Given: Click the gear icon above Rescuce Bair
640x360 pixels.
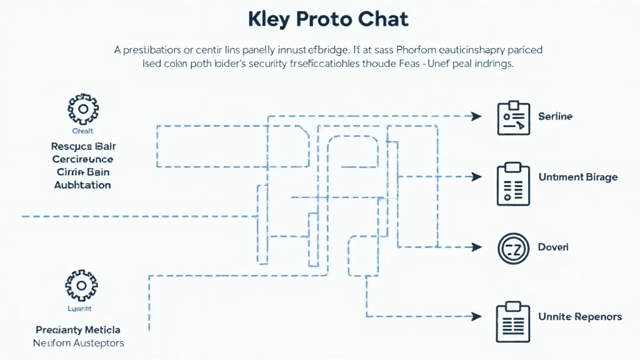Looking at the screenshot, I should point(82,111).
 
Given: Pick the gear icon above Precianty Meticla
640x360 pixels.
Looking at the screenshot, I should point(81,286).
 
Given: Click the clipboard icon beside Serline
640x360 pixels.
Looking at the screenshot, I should point(513,117).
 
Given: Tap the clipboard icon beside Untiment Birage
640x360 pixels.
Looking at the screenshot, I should point(513,184).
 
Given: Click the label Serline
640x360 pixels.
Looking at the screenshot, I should point(555,117).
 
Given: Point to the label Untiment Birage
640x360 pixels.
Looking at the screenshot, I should point(577,177).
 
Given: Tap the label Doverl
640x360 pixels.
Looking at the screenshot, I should point(553,247).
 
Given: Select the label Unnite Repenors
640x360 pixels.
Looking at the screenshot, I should point(580,317).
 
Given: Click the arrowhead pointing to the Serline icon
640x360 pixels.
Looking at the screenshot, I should point(476,116).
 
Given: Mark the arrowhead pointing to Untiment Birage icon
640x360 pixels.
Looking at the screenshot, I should point(476,177).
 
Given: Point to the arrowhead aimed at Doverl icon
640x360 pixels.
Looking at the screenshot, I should point(476,247).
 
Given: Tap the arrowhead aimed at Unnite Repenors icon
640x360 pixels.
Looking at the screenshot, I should point(476,316).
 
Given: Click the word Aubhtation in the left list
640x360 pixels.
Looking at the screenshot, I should point(82,185).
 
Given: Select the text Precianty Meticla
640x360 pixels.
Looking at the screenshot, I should point(78,329).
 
